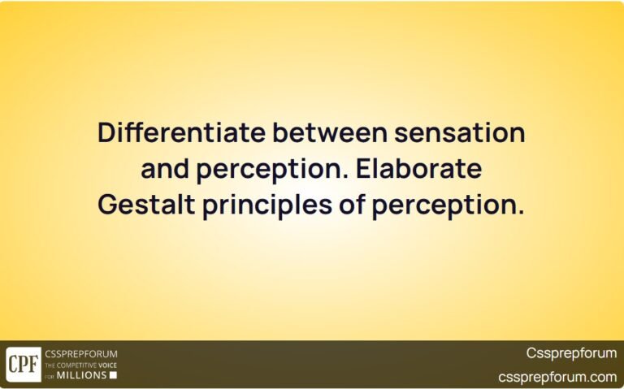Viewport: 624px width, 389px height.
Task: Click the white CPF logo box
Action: tap(24, 364)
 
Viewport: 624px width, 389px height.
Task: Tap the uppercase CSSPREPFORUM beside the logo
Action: tap(81, 354)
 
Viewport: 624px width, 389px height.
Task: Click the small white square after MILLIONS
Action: tap(113, 375)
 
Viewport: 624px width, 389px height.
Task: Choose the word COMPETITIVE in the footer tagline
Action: tap(76, 365)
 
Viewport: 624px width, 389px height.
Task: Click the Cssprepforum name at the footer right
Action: tap(571, 353)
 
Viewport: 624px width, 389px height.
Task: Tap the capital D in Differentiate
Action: tap(105, 133)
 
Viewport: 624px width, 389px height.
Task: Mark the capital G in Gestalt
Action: tap(106, 206)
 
